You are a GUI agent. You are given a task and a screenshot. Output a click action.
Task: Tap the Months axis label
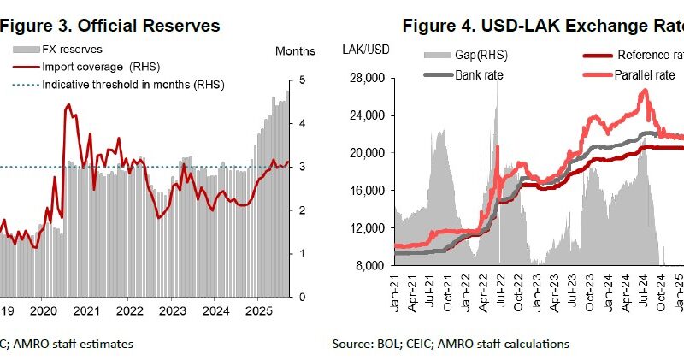pyautogui.click(x=295, y=51)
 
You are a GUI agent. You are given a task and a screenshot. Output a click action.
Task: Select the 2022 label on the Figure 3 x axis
pyautogui.click(x=129, y=311)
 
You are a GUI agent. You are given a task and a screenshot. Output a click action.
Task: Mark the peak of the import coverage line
pyautogui.click(x=68, y=104)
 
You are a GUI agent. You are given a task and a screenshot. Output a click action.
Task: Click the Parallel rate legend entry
pyautogui.click(x=645, y=75)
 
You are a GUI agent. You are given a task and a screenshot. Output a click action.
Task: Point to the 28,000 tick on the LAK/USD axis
pyautogui.click(x=369, y=79)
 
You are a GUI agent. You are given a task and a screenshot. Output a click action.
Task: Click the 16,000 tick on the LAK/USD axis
pyautogui.click(x=369, y=191)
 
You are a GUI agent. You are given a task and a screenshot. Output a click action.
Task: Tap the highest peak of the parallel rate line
pyautogui.click(x=643, y=90)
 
